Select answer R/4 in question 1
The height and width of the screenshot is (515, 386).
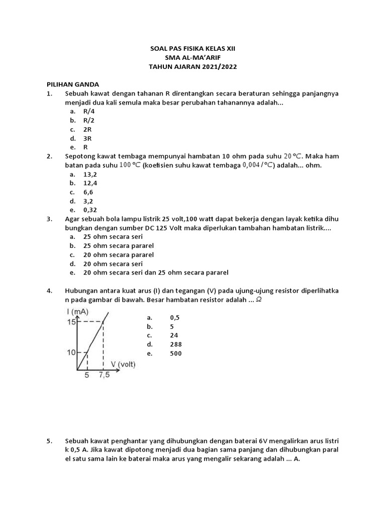(89, 111)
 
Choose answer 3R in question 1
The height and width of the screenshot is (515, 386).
(87, 138)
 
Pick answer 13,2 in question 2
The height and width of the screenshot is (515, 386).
(90, 174)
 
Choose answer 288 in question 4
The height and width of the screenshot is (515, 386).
(176, 345)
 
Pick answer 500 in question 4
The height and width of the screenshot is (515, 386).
(176, 354)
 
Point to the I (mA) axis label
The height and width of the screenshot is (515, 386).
(77, 312)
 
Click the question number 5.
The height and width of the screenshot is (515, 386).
(49, 441)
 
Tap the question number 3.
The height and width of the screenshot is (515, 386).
(49, 219)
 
